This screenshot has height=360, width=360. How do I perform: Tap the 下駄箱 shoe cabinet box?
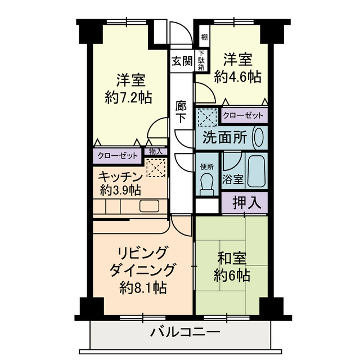[200, 61]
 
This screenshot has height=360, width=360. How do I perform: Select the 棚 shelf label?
[204, 38]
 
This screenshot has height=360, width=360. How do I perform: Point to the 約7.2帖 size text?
[128, 97]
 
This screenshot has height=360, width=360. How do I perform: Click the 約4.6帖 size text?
[237, 76]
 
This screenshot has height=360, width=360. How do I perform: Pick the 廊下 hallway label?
[181, 112]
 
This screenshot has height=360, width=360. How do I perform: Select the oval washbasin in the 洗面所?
[259, 138]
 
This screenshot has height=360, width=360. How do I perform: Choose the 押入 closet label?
[247, 202]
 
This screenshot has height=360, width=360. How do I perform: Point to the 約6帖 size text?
[232, 276]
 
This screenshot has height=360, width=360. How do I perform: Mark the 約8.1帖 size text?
[143, 288]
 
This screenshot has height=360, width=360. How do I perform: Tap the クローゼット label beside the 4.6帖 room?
[243, 115]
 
